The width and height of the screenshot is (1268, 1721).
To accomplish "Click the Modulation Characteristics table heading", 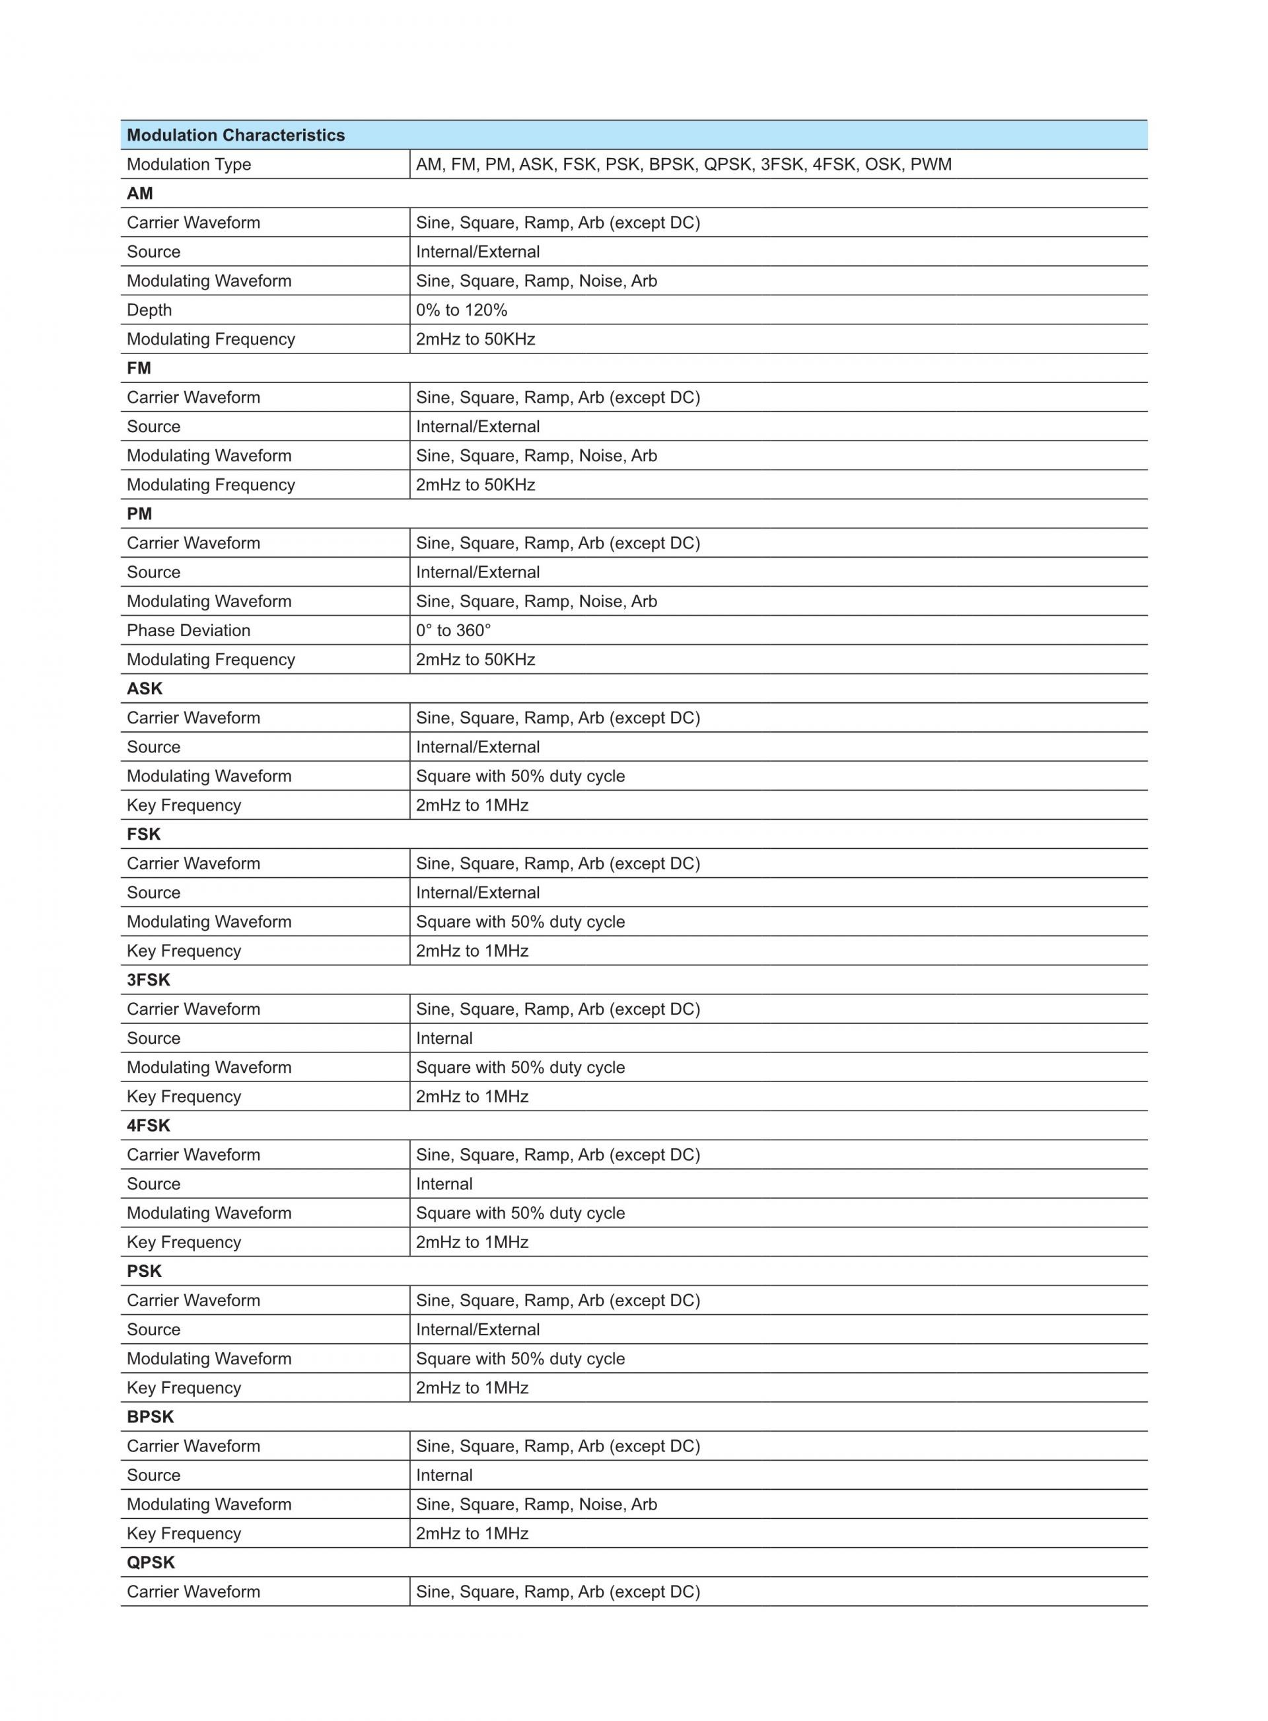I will click(236, 135).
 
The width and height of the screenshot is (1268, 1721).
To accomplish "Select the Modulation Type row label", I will click(189, 165).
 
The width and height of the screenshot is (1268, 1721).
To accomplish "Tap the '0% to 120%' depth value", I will click(461, 310).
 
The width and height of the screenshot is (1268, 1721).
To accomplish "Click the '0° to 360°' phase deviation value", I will click(453, 630).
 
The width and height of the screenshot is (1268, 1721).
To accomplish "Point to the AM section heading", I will click(140, 194).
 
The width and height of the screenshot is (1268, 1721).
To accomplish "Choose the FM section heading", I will click(139, 369).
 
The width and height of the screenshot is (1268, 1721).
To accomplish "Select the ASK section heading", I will click(144, 688).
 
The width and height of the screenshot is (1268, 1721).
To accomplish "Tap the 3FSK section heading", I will click(148, 980).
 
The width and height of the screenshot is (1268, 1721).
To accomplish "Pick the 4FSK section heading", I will click(148, 1125).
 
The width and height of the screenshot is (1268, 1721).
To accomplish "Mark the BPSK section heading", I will click(151, 1417).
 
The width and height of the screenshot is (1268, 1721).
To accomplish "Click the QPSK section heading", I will click(151, 1562).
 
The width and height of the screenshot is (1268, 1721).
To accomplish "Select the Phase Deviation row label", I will click(188, 630).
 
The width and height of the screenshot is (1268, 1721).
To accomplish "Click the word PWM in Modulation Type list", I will click(931, 165).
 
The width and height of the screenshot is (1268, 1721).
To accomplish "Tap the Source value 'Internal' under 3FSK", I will click(444, 1039).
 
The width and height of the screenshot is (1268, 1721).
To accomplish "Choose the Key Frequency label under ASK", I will click(184, 805).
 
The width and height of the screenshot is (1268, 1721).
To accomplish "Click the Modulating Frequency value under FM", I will click(475, 485).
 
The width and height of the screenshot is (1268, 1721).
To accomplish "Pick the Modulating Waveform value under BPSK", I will click(536, 1504).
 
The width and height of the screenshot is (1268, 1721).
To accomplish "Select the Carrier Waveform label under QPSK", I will click(194, 1592).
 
